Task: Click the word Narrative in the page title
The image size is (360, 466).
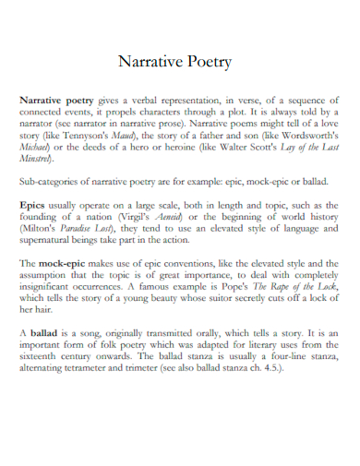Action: pyautogui.click(x=150, y=64)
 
